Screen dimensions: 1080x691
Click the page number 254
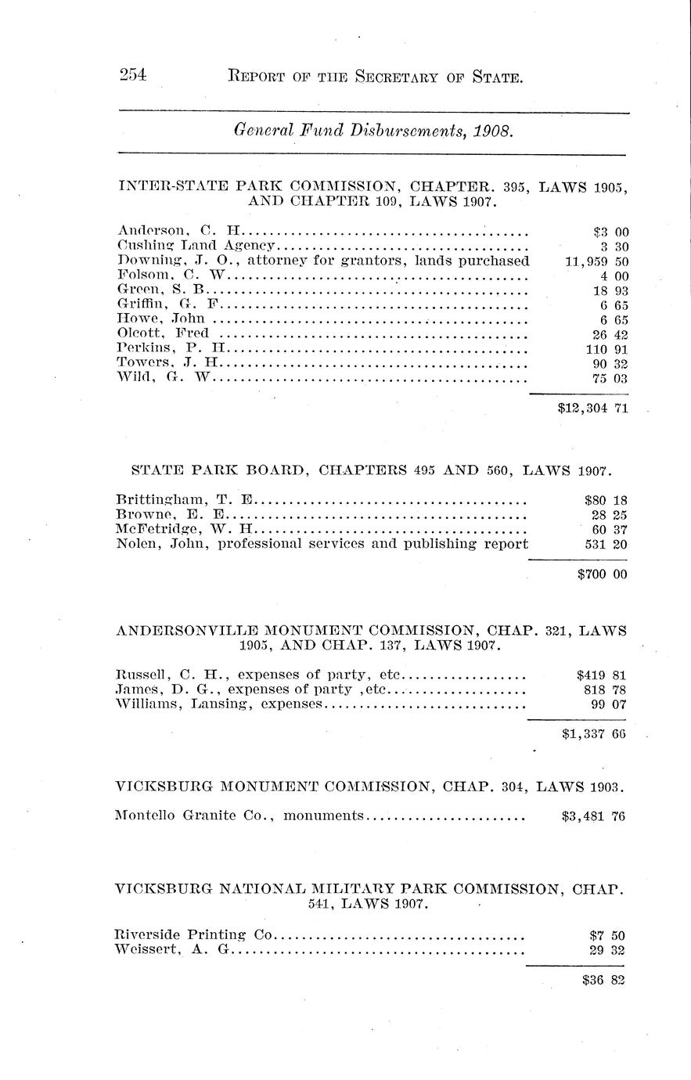[134, 76]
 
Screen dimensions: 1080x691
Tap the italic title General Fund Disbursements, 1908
[373, 132]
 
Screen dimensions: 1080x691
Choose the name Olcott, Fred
[162, 333]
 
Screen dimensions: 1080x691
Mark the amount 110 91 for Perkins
[607, 348]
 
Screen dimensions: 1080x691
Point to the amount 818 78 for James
[606, 689]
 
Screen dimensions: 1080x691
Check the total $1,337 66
[594, 734]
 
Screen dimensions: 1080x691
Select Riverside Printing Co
[193, 934]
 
